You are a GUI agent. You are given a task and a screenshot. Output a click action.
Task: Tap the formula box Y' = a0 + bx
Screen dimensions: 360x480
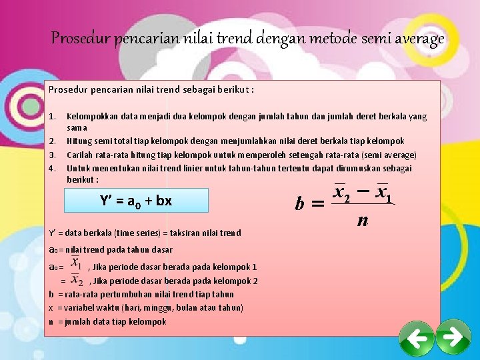coord(135,200)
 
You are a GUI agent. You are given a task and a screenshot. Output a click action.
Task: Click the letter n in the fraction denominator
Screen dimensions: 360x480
coord(361,219)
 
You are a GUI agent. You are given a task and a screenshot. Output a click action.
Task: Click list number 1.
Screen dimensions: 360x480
coord(52,116)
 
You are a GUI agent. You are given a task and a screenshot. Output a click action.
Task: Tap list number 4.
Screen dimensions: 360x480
coord(52,169)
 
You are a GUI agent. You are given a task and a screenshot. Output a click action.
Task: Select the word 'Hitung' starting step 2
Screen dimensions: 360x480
coord(79,141)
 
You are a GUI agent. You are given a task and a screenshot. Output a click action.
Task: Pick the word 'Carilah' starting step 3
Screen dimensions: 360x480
coord(80,155)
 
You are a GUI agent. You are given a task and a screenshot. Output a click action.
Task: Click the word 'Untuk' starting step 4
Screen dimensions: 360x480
coord(79,168)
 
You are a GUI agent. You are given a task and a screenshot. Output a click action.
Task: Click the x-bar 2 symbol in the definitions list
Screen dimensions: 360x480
coord(77,280)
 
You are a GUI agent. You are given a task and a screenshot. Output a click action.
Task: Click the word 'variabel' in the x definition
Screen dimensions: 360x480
coord(78,307)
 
